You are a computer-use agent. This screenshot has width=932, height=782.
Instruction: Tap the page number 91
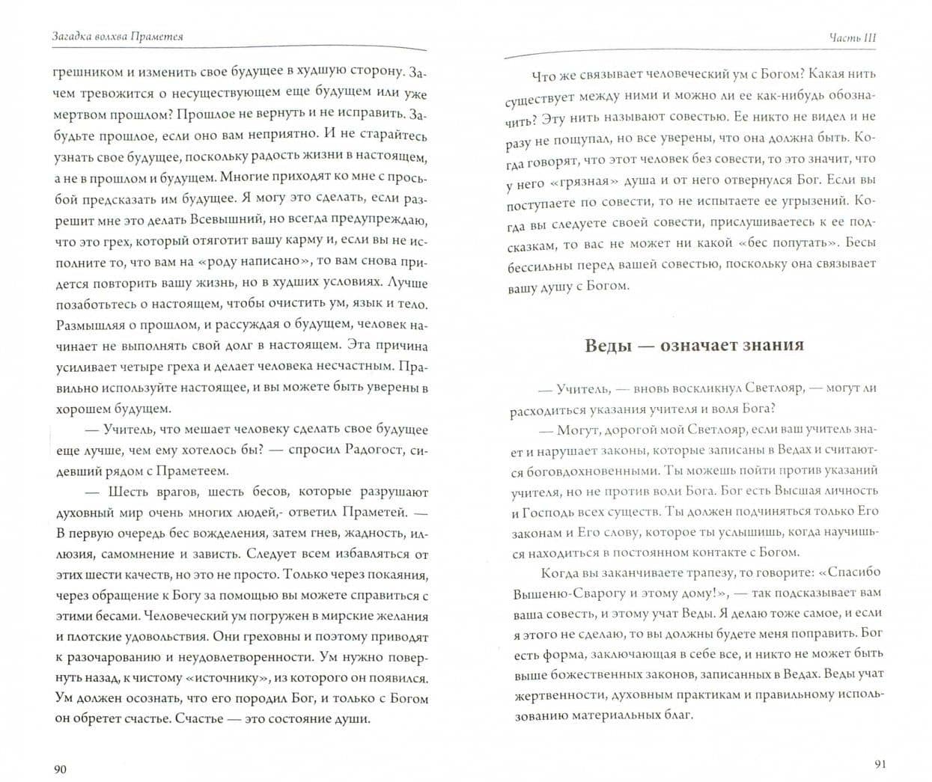tap(880, 763)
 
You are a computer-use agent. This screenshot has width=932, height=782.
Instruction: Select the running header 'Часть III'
tap(853, 37)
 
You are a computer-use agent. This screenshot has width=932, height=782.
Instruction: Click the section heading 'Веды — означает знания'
tap(694, 345)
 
